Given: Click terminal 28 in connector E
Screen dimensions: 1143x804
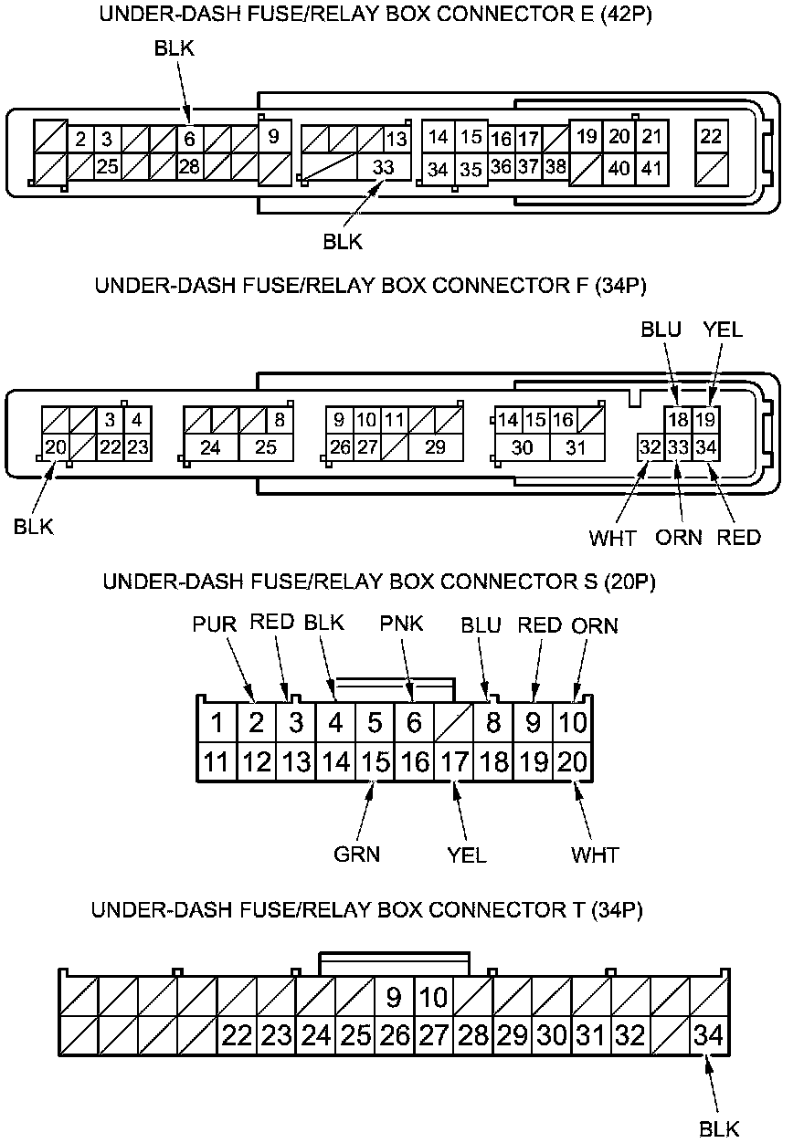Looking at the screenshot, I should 189,167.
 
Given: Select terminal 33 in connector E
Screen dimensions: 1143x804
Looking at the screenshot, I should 384,167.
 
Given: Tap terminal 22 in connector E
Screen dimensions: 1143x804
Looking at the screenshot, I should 711,137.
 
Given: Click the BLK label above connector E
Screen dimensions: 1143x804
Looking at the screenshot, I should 174,49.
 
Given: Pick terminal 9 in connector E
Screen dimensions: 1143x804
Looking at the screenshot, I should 273,137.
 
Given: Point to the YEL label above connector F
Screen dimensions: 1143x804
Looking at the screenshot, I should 722,330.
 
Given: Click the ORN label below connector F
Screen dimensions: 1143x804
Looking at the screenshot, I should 679,537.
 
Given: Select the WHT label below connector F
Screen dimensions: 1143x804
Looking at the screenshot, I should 612,537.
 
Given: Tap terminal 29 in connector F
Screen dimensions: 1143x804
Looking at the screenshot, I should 436,447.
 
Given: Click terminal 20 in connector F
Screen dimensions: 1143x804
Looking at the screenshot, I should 56,447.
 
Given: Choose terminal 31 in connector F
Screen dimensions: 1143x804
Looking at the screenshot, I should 577,447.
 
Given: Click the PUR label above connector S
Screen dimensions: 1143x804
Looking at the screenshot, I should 215,625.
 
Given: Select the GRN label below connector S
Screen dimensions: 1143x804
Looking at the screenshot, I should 356,855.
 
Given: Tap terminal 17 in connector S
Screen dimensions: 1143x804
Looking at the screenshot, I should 454,761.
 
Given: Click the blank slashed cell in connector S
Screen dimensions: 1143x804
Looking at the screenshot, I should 454,723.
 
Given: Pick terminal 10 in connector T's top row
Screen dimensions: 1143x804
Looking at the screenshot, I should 434,997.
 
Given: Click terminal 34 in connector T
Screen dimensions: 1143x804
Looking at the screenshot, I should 709,1035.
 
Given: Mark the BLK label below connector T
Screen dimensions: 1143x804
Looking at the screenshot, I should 719,1128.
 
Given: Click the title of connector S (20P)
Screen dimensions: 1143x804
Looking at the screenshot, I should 379,582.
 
